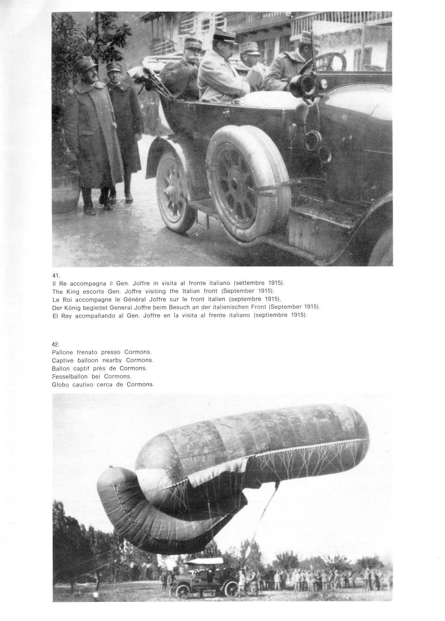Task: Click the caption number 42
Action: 55,344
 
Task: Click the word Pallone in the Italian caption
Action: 63,352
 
